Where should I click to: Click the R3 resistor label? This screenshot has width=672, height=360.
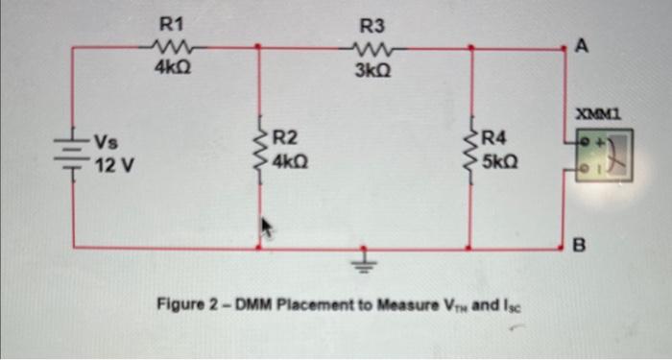[x=369, y=27]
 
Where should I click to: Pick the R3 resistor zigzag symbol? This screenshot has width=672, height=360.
[x=369, y=48]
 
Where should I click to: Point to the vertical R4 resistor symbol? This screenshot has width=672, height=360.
[x=471, y=153]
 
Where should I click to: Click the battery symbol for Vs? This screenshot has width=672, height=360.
[x=73, y=154]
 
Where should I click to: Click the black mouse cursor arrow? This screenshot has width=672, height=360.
[x=268, y=228]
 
